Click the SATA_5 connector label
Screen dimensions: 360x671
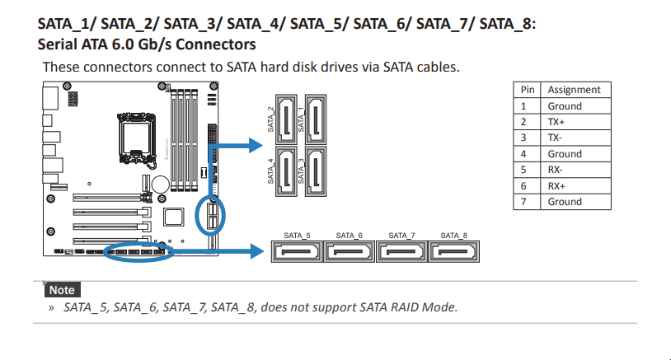297,236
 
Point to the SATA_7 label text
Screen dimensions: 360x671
401,236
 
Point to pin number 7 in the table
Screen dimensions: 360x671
523,202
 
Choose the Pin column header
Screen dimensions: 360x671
527,90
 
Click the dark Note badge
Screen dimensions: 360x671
61,290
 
